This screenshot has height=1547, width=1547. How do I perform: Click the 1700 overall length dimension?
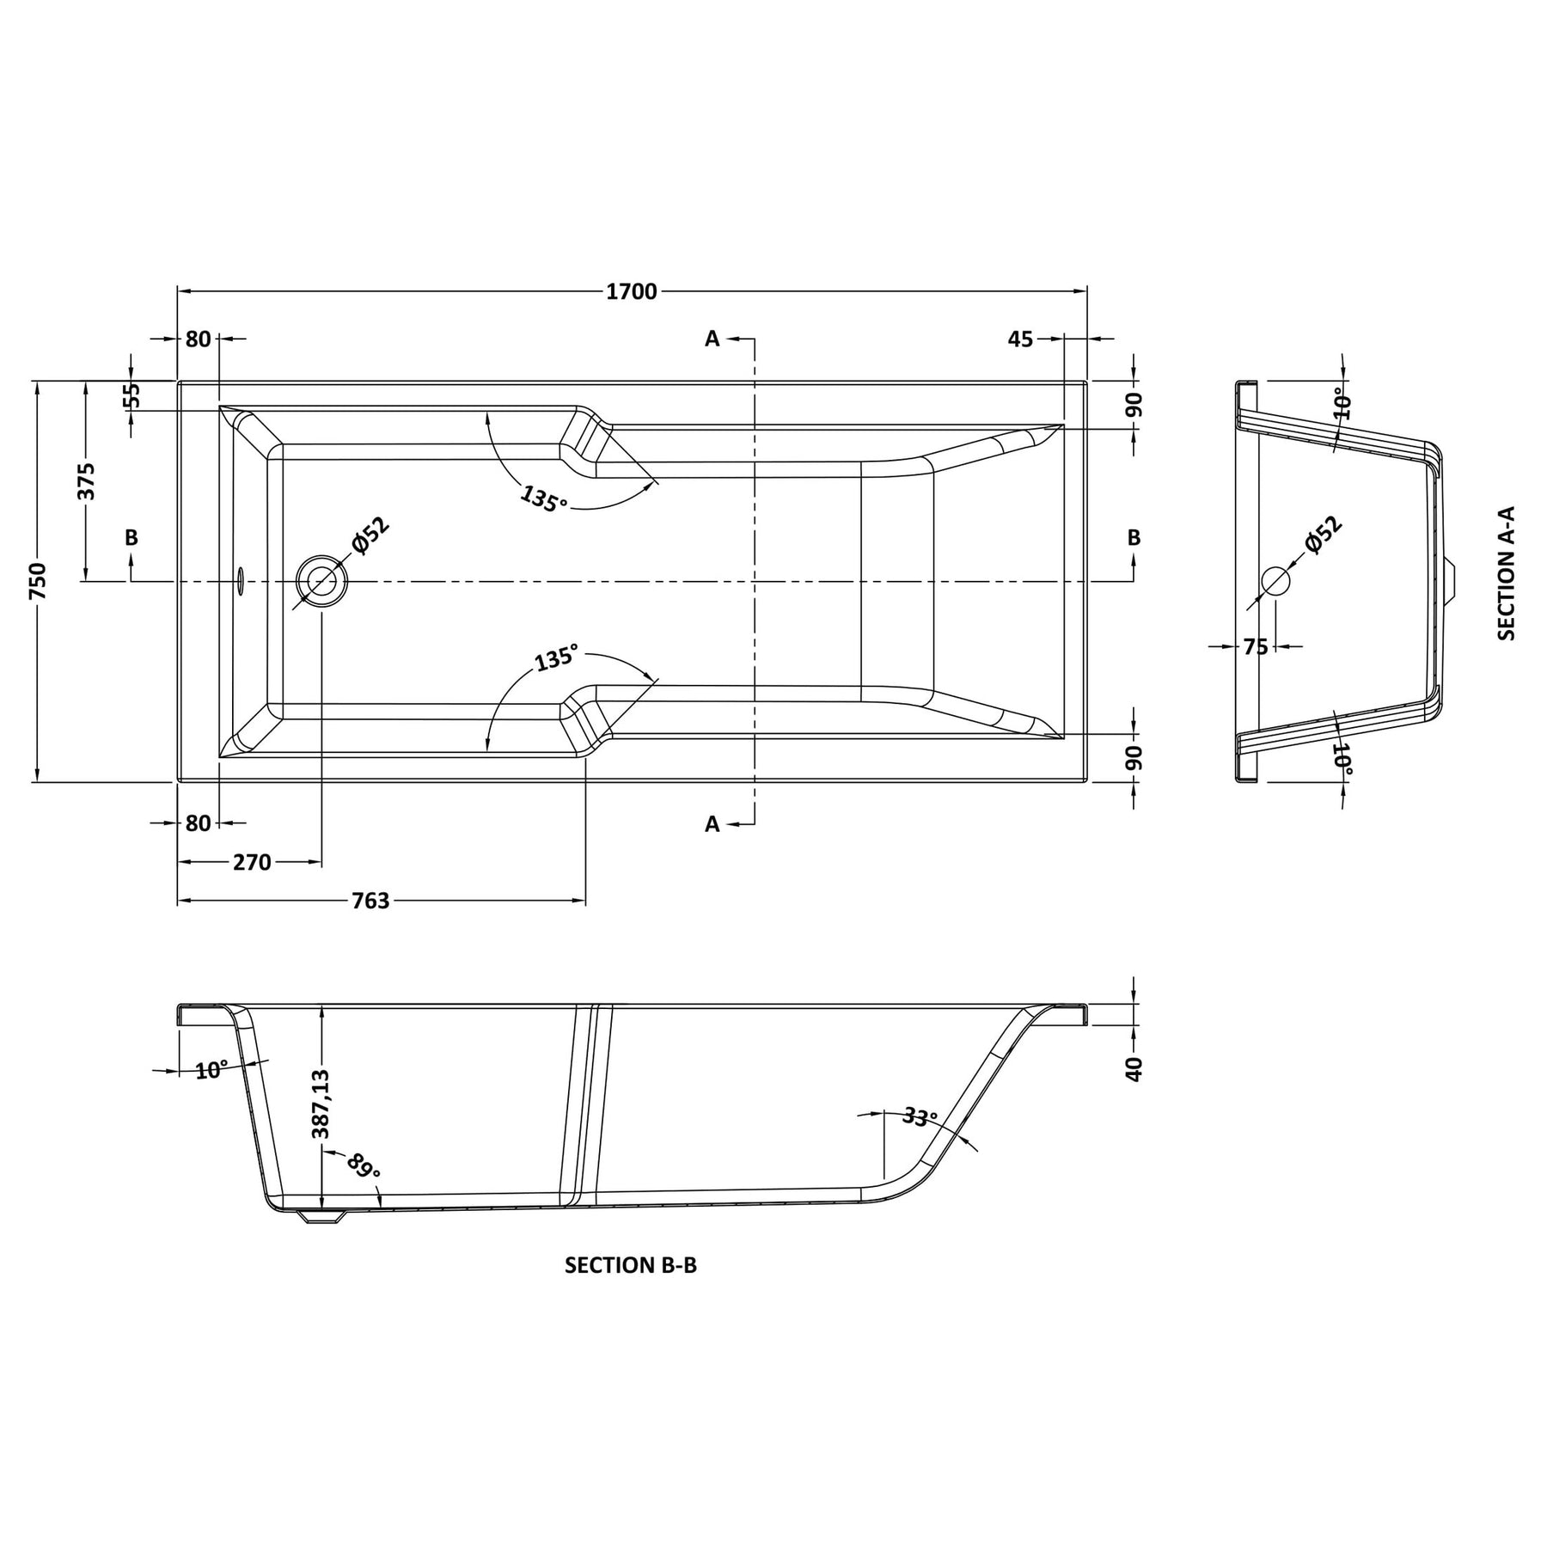tap(632, 292)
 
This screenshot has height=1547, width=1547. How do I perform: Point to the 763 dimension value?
tap(370, 901)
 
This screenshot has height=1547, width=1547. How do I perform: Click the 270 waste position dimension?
tap(252, 862)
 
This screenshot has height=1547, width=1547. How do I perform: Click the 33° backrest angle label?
tap(920, 1118)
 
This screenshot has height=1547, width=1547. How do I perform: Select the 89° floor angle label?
tap(364, 1166)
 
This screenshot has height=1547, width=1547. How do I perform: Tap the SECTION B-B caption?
tap(631, 1265)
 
